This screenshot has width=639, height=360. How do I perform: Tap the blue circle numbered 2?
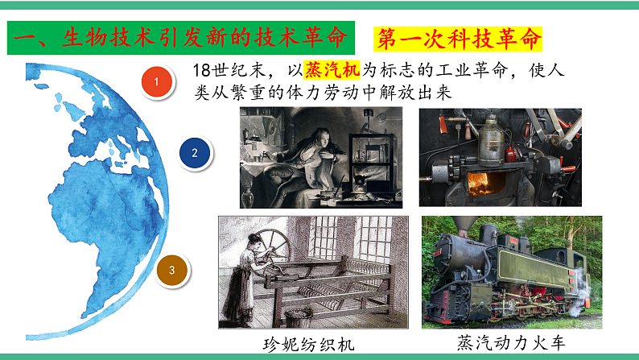(x=194, y=151)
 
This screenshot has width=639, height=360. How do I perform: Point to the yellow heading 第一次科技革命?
(x=460, y=39)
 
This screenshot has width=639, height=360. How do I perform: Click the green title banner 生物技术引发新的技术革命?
(x=182, y=38)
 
